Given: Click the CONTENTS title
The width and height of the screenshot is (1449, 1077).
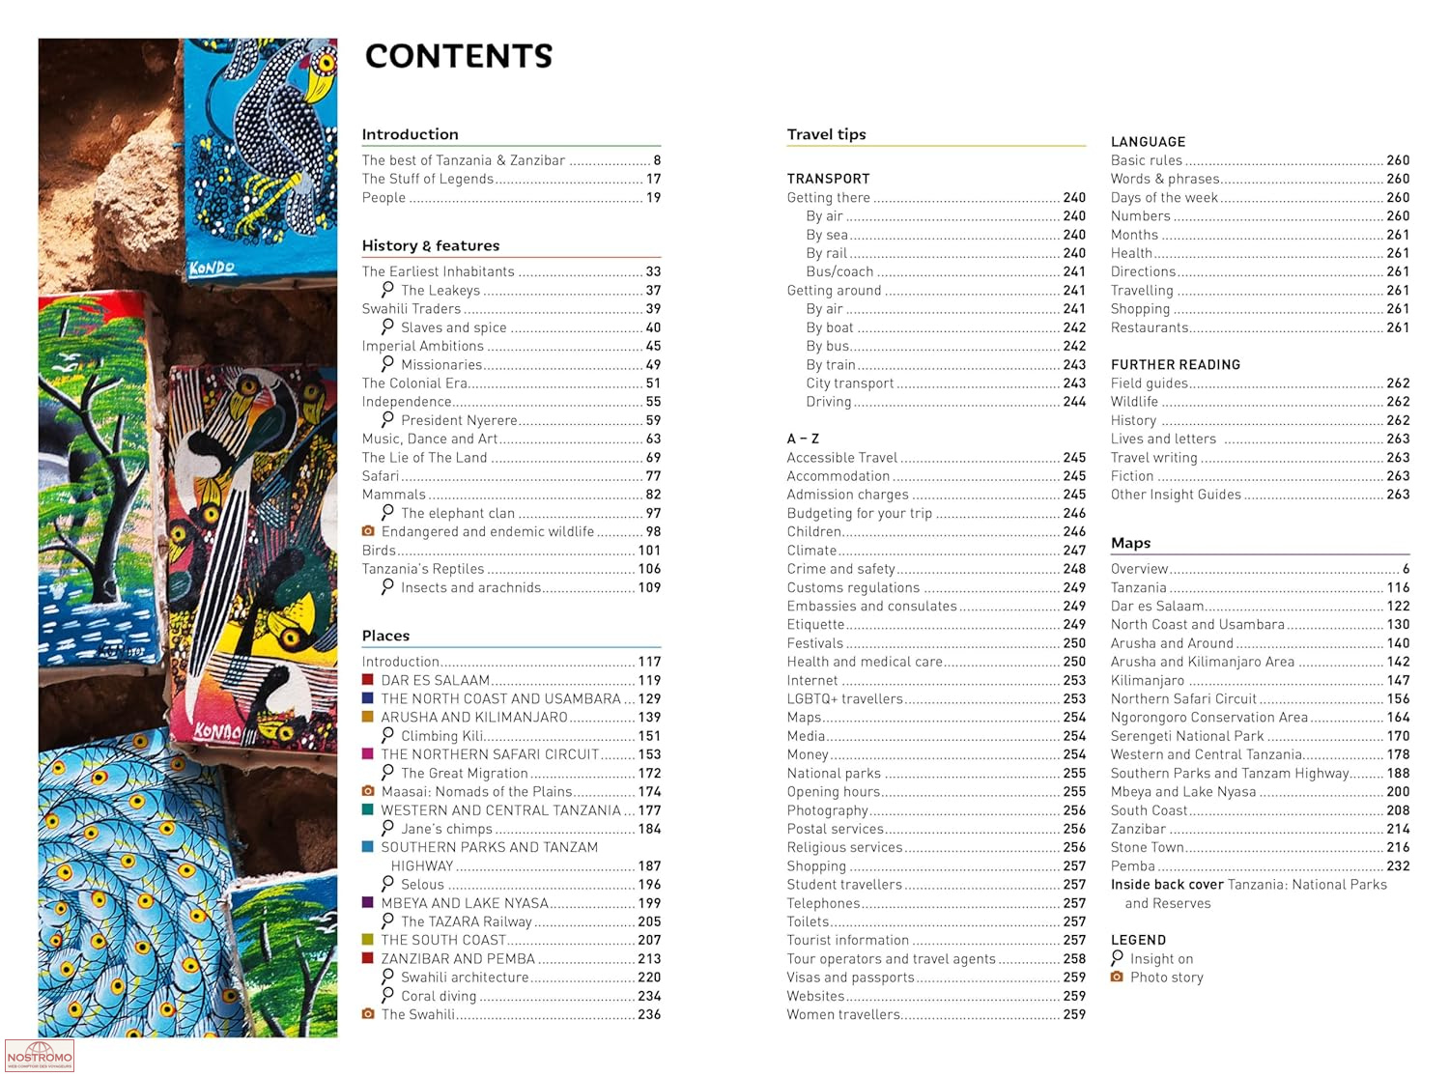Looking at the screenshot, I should [458, 56].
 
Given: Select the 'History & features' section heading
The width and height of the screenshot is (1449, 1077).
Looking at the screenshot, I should [430, 245].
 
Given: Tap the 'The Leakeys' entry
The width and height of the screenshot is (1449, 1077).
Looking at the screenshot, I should [440, 290].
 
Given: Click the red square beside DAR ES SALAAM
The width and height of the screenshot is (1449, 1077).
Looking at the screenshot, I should [367, 680].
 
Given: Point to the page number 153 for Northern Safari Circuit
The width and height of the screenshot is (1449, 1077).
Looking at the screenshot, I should [649, 754].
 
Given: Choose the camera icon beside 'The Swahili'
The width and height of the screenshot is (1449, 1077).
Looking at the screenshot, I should [367, 1014].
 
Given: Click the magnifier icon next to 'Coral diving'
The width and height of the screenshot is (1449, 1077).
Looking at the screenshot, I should [387, 995].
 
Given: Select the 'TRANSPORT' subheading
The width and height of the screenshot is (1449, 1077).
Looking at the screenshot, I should [828, 179].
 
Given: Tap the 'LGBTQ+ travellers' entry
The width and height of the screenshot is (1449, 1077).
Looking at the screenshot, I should [844, 698].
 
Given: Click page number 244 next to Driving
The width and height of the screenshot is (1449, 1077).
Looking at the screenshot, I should [1074, 402].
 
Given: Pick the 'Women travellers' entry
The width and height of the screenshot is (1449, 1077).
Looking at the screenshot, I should [842, 1014].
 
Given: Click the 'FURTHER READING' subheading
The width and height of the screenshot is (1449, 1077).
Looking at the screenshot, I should [1175, 364].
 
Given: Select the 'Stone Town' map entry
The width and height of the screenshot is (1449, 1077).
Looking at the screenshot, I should [1147, 847].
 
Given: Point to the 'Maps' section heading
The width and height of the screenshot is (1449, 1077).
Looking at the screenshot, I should [1130, 543].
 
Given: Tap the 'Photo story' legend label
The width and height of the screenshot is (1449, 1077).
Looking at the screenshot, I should [1166, 978].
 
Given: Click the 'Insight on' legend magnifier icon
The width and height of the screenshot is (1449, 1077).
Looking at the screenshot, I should [1117, 958].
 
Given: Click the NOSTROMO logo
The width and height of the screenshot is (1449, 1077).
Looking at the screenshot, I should [39, 1055].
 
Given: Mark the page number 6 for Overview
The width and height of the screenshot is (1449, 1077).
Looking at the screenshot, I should [1406, 569].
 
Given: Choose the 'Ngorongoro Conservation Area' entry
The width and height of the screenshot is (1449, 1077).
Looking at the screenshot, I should [1208, 717].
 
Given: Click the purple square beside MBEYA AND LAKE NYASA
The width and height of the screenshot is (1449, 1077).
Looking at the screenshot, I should [367, 902].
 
